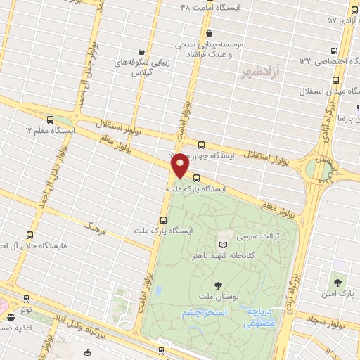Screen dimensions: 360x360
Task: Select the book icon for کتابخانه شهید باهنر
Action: coord(224,243)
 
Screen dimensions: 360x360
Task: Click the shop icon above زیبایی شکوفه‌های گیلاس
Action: coord(143,51)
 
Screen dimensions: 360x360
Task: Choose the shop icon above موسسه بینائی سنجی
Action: coord(209,33)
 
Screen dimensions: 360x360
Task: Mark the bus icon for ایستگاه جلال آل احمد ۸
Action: coord(29,235)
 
